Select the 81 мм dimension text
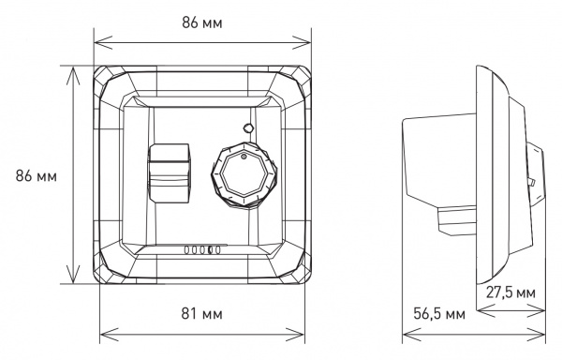(201, 312)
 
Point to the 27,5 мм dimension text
(511, 292)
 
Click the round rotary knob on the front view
(242, 172)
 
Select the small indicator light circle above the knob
(245, 127)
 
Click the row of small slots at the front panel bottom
(200, 249)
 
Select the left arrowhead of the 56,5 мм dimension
(403, 331)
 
